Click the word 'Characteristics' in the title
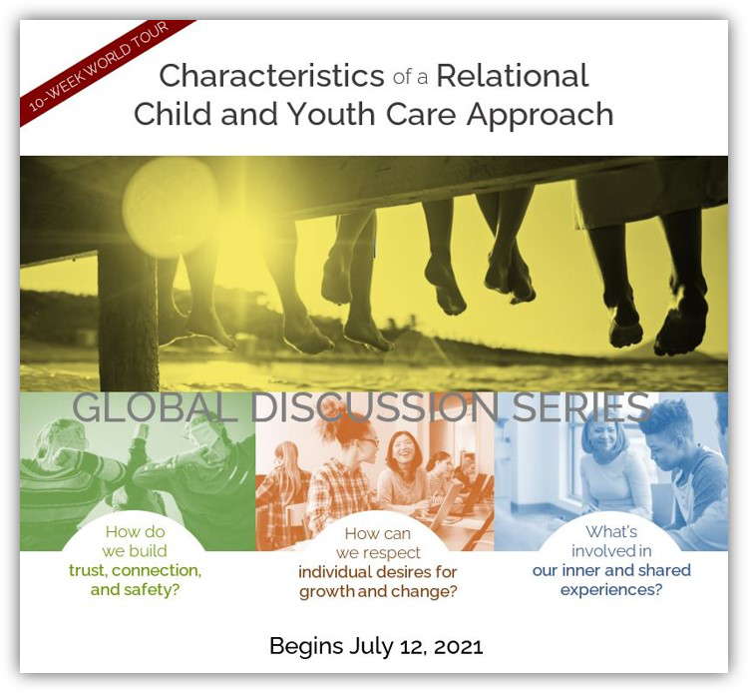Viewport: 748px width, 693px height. pos(271,76)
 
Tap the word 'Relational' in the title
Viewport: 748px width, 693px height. pos(513,76)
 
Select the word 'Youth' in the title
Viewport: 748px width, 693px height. pos(331,114)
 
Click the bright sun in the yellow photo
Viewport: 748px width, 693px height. pos(170,207)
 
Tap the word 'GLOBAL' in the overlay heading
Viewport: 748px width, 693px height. pos(155,407)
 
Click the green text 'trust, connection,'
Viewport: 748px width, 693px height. pos(135,571)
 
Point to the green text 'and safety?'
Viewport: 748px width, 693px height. pos(135,590)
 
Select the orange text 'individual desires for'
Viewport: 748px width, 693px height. pos(378,572)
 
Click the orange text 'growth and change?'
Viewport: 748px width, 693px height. pos(378,592)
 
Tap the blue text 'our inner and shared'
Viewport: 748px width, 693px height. pos(611,570)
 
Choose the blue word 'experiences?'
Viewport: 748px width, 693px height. pos(611,590)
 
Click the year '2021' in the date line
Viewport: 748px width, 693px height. pos(459,647)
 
